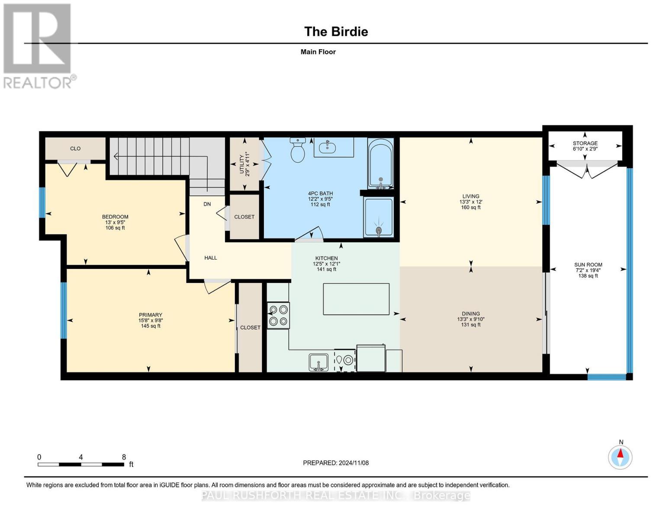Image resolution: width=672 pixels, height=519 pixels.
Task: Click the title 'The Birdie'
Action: coord(336,32)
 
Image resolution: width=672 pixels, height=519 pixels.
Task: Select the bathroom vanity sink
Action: coord(328,147)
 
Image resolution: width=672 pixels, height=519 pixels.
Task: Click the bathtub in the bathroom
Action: coord(380,163)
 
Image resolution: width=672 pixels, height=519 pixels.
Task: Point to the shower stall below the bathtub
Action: coord(379,218)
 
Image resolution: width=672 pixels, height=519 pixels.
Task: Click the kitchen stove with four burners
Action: coord(278,315)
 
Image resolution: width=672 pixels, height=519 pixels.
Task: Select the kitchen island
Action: coord(356,299)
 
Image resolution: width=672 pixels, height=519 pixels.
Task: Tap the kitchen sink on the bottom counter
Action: coord(318,362)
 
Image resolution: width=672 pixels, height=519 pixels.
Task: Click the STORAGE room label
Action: coord(585,143)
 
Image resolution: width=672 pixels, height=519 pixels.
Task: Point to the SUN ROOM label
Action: coord(588,265)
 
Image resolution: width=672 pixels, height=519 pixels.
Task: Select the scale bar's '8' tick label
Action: coord(124,457)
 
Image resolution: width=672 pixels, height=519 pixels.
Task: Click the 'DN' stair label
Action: coord(207,204)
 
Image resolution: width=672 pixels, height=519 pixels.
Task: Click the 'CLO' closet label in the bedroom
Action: coord(75,148)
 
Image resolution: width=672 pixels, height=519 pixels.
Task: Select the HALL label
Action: coord(211,258)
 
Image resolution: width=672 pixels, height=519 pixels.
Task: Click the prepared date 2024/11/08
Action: coord(335,463)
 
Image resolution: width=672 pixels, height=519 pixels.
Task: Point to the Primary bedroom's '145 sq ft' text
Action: coord(151,326)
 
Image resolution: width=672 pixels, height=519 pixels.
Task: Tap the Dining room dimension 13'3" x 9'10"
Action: coord(470,319)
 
